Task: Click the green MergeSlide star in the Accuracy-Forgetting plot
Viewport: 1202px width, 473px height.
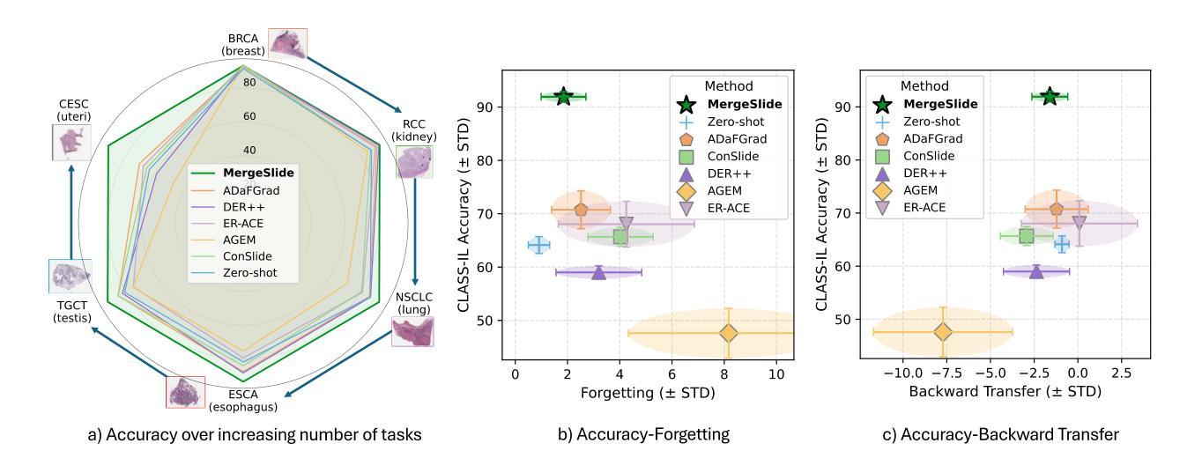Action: (x=563, y=97)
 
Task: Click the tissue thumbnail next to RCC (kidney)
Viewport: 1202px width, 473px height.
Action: (x=414, y=162)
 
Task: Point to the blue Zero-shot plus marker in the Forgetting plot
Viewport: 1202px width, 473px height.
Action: (x=538, y=245)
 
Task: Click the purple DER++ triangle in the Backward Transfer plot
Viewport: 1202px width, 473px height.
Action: (x=1036, y=271)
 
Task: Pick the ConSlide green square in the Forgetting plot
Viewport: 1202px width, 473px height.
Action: (x=620, y=236)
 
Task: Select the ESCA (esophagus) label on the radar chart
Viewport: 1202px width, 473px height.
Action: (x=243, y=400)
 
